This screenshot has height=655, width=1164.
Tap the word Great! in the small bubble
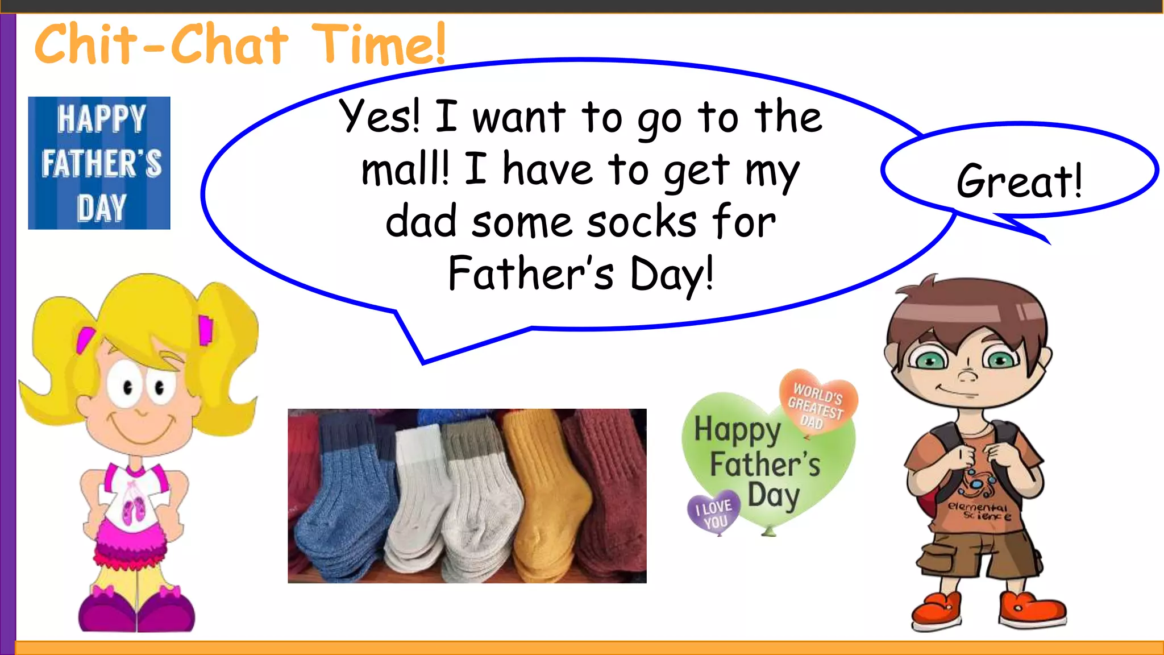point(1019,181)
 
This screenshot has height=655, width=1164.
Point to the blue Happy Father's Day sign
point(99,163)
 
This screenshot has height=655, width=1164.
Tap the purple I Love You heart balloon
point(714,512)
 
